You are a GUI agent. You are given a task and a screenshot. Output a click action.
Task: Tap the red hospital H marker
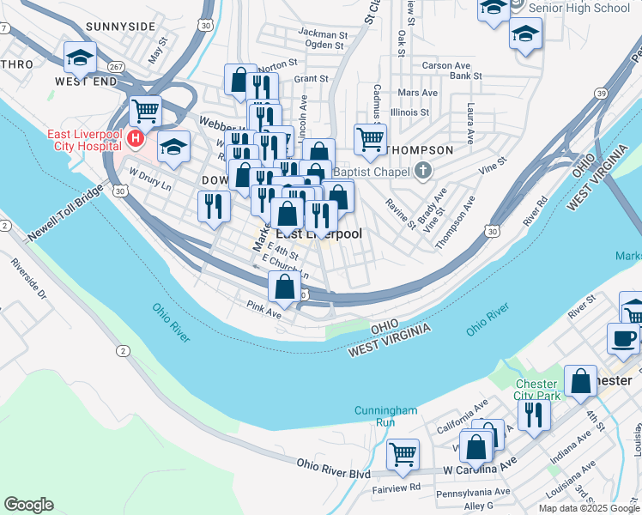click(135, 137)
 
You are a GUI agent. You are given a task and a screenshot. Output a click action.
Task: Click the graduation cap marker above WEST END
click(80, 58)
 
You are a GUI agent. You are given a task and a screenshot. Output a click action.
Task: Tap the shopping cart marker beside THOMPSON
click(370, 138)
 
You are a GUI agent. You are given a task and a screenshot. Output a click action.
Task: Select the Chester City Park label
click(537, 390)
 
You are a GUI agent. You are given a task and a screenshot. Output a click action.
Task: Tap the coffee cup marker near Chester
click(623, 336)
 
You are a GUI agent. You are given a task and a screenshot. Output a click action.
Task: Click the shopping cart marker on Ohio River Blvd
click(403, 454)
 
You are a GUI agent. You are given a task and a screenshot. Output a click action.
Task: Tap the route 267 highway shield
click(115, 66)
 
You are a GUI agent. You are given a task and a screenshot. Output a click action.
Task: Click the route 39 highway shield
click(601, 94)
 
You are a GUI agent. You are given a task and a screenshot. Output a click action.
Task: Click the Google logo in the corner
click(28, 505)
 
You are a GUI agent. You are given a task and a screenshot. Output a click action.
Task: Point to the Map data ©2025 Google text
click(589, 508)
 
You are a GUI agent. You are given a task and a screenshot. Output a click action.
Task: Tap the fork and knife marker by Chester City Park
click(536, 415)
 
